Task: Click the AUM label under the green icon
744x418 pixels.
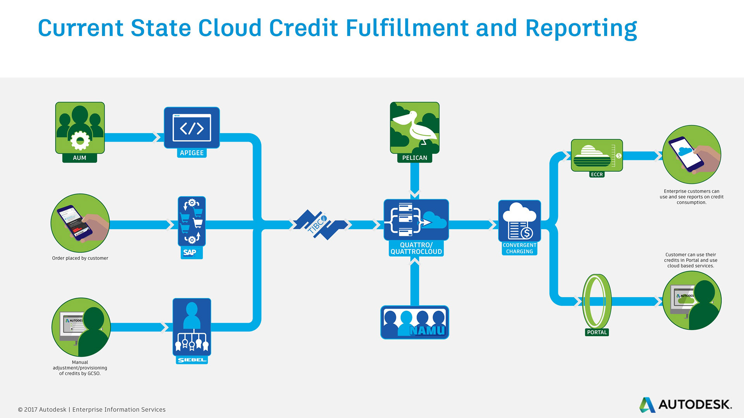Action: point(79,158)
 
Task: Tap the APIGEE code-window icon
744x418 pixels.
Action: point(192,128)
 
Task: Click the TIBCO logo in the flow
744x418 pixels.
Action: point(319,224)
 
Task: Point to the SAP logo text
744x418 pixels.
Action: point(190,252)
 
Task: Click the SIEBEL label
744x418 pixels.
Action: point(192,360)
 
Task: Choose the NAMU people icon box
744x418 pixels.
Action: point(415,322)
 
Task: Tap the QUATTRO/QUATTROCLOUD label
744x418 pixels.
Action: point(416,248)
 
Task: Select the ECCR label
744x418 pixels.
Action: point(597,175)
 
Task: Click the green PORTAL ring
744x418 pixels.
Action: point(597,301)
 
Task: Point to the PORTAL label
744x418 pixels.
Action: point(597,332)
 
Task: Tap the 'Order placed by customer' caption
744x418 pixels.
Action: point(80,258)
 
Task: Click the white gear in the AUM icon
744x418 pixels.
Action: point(80,140)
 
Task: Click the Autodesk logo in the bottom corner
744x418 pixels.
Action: point(685,404)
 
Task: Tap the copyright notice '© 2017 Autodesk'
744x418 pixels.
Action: point(42,409)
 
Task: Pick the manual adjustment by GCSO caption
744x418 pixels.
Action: point(80,368)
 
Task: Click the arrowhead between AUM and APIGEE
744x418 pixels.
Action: point(157,137)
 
